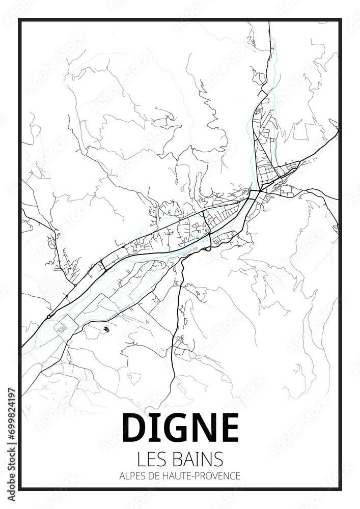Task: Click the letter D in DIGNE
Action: (x=134, y=428)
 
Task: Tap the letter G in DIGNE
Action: (x=171, y=428)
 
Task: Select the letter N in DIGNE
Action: (x=200, y=428)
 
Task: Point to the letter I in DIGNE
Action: (x=152, y=428)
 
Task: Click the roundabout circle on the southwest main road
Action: (x=48, y=317)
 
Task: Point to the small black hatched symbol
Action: (x=106, y=329)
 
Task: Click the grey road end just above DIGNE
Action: (x=147, y=409)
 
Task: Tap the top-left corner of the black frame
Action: (x=20, y=20)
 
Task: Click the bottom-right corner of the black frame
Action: (x=340, y=489)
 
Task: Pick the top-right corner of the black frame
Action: (x=340, y=20)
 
